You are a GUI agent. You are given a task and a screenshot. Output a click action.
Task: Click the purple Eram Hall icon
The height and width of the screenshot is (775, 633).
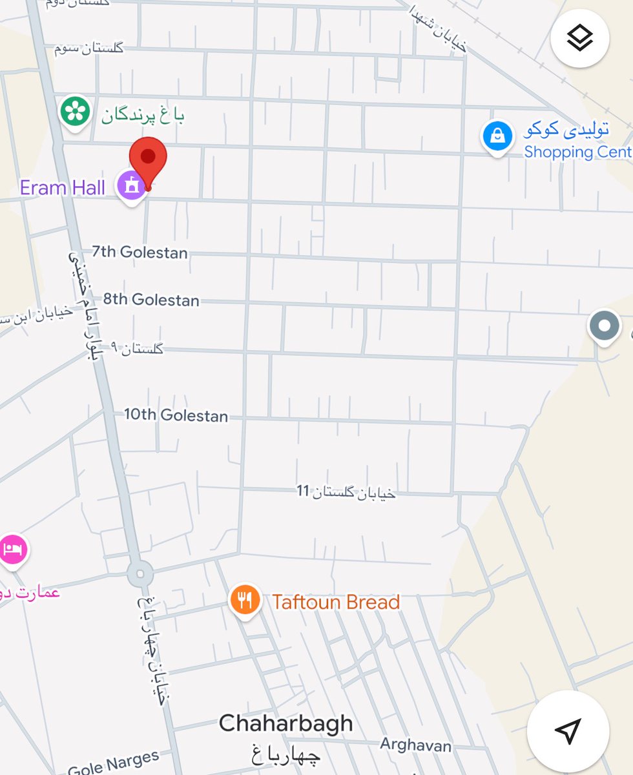coord(132,186)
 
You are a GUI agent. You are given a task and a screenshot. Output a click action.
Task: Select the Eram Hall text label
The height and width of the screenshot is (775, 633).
coord(62,188)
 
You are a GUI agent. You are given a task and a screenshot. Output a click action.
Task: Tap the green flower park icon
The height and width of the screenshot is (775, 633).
coord(75,112)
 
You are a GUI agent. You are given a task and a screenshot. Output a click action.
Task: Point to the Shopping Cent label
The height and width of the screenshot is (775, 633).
coord(577,152)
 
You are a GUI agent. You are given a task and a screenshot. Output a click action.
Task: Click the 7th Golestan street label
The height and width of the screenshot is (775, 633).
coord(140,252)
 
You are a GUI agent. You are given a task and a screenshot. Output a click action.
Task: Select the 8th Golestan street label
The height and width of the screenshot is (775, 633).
coord(151,300)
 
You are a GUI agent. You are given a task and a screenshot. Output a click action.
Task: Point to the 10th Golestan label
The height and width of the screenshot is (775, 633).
coord(176,415)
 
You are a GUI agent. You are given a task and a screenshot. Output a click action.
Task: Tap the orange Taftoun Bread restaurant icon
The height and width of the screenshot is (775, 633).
coord(245,601)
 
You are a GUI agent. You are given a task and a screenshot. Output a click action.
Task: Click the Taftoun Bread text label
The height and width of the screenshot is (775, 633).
coord(336,602)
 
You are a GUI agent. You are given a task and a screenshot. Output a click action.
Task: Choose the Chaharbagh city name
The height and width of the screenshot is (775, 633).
coord(285,723)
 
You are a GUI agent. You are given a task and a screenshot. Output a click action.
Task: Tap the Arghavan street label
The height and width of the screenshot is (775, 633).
coord(415,745)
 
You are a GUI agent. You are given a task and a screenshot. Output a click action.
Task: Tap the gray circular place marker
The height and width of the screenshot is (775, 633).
coord(604,326)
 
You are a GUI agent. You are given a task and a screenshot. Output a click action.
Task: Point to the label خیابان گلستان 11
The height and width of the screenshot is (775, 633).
coord(346,492)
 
